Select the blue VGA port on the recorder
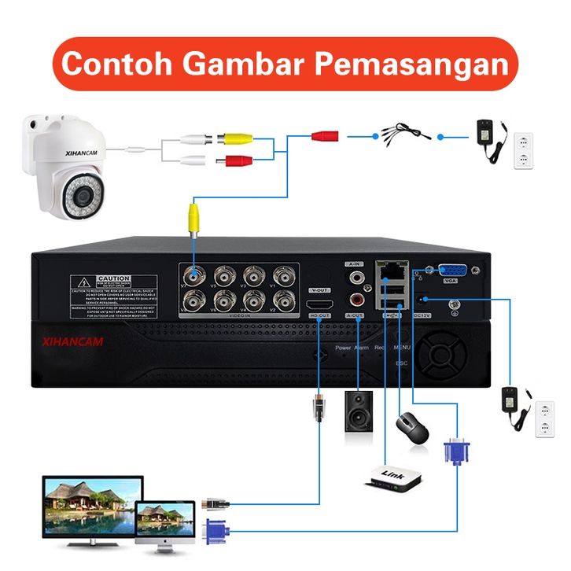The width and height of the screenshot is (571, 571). (x=451, y=271)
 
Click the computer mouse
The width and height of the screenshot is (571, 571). (x=411, y=429)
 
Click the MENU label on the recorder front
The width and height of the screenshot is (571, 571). (x=402, y=347)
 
